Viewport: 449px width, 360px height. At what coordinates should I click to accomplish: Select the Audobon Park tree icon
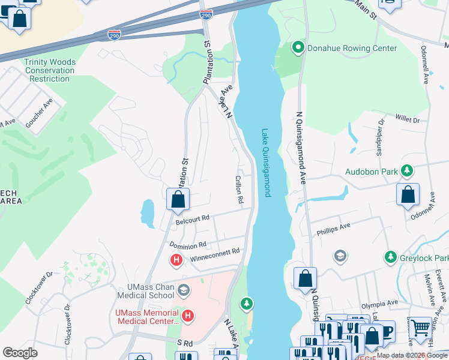(x=408, y=172)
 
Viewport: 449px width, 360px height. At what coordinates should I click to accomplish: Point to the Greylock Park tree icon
(x=391, y=257)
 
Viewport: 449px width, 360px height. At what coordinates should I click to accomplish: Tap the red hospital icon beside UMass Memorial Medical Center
(x=188, y=315)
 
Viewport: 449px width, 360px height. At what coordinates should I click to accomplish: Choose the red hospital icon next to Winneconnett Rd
(x=176, y=260)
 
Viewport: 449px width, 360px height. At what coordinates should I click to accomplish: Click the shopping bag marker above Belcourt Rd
(x=178, y=200)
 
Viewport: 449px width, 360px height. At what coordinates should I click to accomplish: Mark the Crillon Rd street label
(x=238, y=188)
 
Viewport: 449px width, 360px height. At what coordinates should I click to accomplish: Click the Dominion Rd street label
(x=187, y=245)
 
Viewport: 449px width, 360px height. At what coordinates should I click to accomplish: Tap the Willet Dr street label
(x=408, y=120)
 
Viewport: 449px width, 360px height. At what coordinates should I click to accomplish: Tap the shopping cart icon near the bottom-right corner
(x=421, y=327)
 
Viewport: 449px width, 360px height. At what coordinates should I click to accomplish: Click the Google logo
(x=20, y=353)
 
